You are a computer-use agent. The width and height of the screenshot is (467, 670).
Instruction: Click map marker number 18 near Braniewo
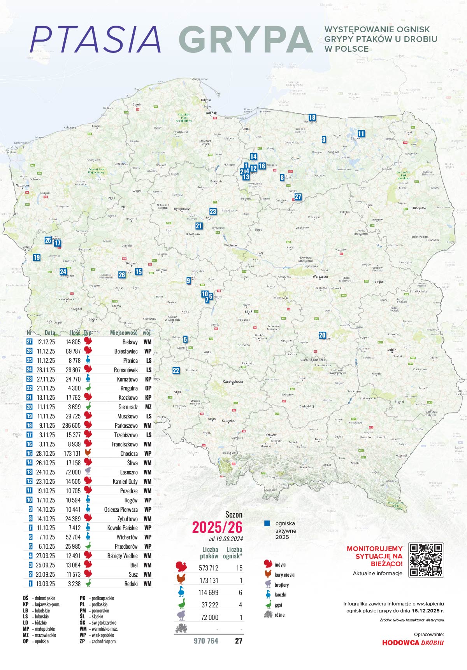click(x=312, y=117)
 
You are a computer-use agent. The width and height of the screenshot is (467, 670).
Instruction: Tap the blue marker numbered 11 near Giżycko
click(x=361, y=134)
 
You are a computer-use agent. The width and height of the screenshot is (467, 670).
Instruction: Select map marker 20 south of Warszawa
click(x=322, y=335)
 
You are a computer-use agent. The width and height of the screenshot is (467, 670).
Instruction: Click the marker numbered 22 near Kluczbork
click(x=176, y=371)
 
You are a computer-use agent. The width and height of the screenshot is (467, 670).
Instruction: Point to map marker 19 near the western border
click(x=37, y=257)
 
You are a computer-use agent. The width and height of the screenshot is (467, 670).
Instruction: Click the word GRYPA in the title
click(x=246, y=40)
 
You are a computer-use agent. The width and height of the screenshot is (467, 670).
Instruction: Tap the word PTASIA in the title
click(x=95, y=40)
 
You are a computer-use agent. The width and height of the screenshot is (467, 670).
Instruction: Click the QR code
click(x=426, y=560)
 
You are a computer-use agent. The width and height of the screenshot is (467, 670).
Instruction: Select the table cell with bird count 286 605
click(x=71, y=426)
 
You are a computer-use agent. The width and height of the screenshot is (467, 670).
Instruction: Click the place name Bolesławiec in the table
click(x=126, y=351)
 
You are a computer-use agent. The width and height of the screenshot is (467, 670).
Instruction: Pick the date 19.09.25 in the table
click(x=46, y=584)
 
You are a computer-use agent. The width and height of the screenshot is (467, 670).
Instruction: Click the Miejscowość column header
click(x=123, y=333)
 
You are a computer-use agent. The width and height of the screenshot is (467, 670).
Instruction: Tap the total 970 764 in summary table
click(x=206, y=641)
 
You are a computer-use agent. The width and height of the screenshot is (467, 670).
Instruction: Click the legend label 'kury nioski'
click(x=284, y=575)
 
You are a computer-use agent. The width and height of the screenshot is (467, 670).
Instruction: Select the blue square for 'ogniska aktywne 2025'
click(x=267, y=523)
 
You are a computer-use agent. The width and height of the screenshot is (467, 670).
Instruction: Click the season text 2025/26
click(x=217, y=528)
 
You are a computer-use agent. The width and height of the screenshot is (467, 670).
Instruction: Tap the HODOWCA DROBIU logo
click(x=413, y=642)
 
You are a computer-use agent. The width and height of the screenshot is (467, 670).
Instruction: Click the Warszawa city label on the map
click(x=320, y=276)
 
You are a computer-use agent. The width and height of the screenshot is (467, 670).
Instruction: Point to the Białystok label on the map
click(x=420, y=208)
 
